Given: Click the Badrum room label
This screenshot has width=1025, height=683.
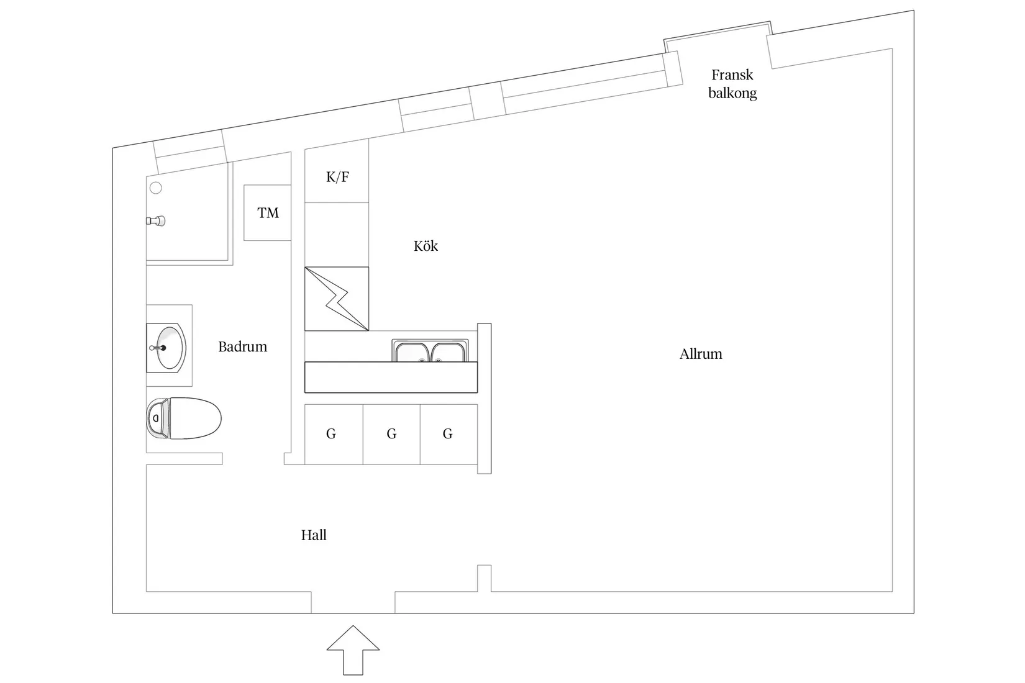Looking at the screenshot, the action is tap(242, 346).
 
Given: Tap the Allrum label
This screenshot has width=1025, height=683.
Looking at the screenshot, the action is tap(701, 354).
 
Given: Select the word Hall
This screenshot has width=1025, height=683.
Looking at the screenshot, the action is tap(314, 535).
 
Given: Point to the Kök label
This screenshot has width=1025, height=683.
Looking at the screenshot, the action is tap(426, 246).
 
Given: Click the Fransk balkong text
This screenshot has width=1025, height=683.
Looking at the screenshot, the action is tap(732, 84).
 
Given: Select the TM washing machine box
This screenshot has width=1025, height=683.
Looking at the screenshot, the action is tap(267, 213).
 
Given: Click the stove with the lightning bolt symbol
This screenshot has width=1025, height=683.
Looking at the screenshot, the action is tap(337, 299).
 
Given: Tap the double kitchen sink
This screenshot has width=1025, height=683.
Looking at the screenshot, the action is tap(430, 350).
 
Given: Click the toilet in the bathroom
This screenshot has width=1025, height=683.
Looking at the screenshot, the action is tap(183, 418).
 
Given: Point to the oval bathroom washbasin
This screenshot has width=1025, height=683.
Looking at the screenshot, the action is tap(166, 348).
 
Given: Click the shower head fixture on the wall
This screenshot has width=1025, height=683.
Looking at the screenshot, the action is tap(155, 221).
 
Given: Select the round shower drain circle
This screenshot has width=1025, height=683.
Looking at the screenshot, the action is tap(155, 188).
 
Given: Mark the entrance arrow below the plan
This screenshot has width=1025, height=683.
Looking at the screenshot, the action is tap(353, 650).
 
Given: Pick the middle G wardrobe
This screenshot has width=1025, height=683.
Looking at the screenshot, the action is tap(392, 434).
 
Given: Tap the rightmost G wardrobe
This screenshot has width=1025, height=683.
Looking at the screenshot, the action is tap(449, 434).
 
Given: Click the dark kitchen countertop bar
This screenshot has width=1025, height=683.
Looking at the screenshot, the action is tap(391, 378).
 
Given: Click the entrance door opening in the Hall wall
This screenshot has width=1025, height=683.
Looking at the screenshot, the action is tap(353, 602).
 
